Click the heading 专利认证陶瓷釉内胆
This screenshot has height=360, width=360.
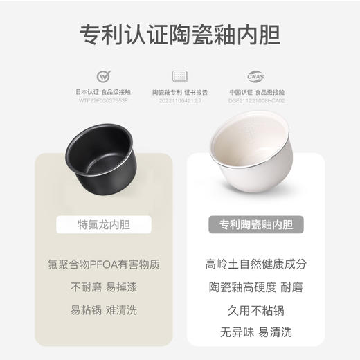coord(179,34)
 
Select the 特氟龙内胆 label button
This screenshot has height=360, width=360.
coord(103,224)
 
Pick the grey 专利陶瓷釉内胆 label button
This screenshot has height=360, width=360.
coord(255,224)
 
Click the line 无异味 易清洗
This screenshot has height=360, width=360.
coord(255,333)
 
